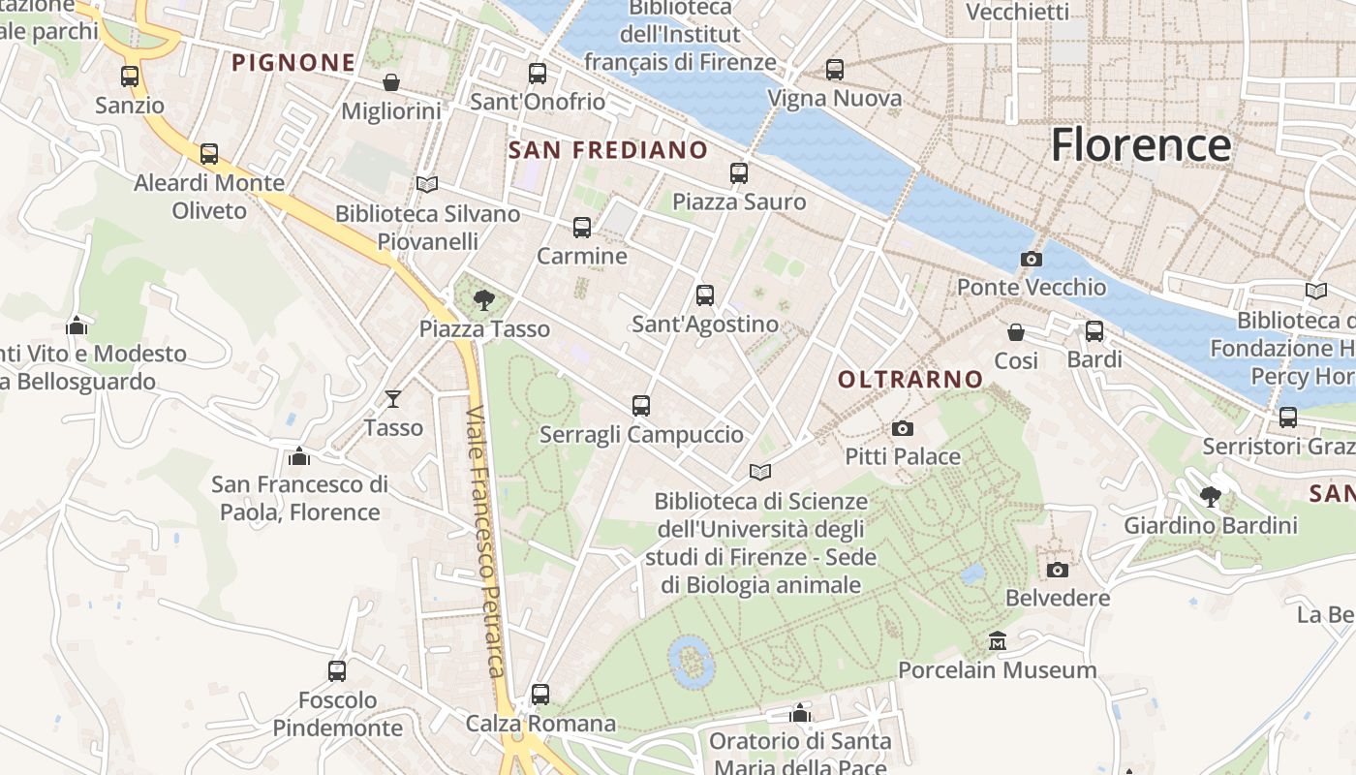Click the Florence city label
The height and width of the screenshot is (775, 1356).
pyautogui.click(x=1141, y=145)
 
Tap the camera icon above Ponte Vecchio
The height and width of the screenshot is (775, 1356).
pyautogui.click(x=1032, y=259)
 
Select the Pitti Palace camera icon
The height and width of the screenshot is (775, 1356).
pyautogui.click(x=902, y=428)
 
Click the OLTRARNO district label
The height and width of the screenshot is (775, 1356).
pyautogui.click(x=910, y=380)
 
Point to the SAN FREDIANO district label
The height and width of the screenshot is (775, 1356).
pyautogui.click(x=608, y=150)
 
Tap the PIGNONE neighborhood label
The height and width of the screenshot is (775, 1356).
pyautogui.click(x=293, y=63)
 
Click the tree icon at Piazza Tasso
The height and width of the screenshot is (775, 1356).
pyautogui.click(x=483, y=300)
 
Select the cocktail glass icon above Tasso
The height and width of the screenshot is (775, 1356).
pyautogui.click(x=393, y=398)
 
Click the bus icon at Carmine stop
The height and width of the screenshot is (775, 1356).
pyautogui.click(x=582, y=228)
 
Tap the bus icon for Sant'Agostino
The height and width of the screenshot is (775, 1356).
pyautogui.click(x=705, y=295)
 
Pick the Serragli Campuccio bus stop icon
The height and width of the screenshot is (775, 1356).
pyautogui.click(x=641, y=406)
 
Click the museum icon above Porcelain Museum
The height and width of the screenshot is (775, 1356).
pyautogui.click(x=998, y=641)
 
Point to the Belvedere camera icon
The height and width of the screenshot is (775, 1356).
pyautogui.click(x=1058, y=570)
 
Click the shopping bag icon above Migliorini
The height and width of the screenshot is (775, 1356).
pyautogui.click(x=391, y=82)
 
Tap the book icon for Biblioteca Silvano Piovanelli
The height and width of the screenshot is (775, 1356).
pyautogui.click(x=427, y=184)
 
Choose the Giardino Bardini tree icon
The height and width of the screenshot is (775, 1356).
pyautogui.click(x=1211, y=497)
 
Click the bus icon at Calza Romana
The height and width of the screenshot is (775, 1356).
pyautogui.click(x=540, y=695)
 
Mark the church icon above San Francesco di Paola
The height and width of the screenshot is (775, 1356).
pyautogui.click(x=299, y=455)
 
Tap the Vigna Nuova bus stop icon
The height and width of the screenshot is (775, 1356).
pyautogui.click(x=835, y=70)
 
